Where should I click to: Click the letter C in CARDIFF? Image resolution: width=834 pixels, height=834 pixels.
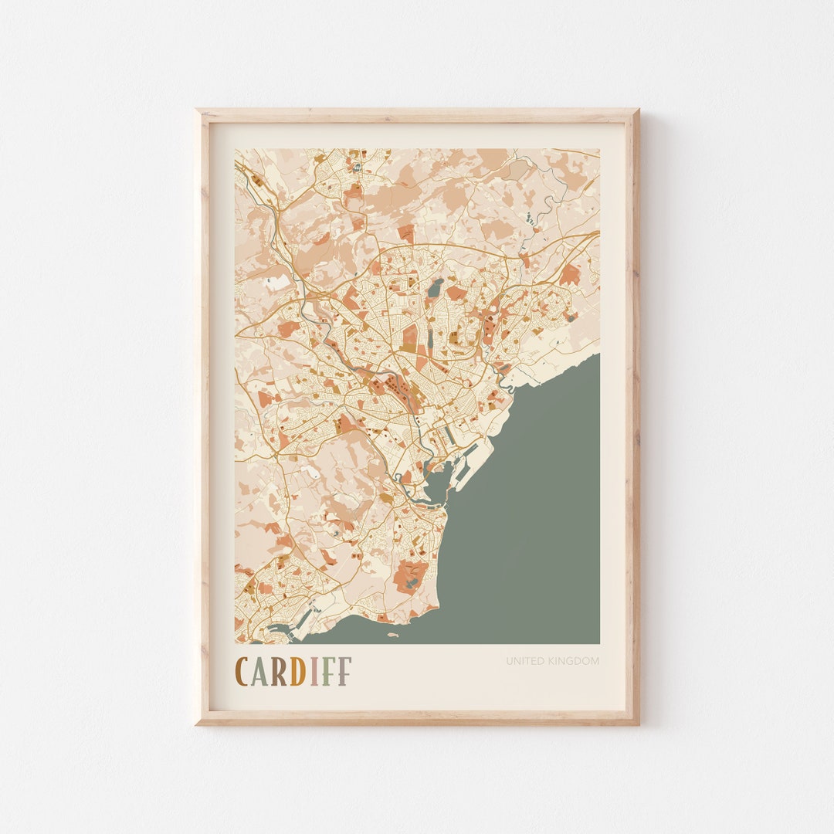point(242,672)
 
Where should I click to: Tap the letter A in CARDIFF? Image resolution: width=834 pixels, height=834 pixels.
point(259,672)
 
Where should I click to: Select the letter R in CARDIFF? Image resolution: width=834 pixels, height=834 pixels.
point(278,672)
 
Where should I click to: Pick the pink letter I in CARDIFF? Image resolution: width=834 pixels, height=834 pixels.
point(314,672)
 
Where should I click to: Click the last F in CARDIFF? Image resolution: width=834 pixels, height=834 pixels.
point(344,672)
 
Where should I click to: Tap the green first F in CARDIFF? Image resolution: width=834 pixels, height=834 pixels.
point(327,672)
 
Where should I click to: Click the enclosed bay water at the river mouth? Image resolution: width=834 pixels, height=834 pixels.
point(435,486)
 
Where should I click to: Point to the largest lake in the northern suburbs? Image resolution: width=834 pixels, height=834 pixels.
point(436,288)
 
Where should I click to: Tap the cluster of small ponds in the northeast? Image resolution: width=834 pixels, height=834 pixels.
point(531,221)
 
